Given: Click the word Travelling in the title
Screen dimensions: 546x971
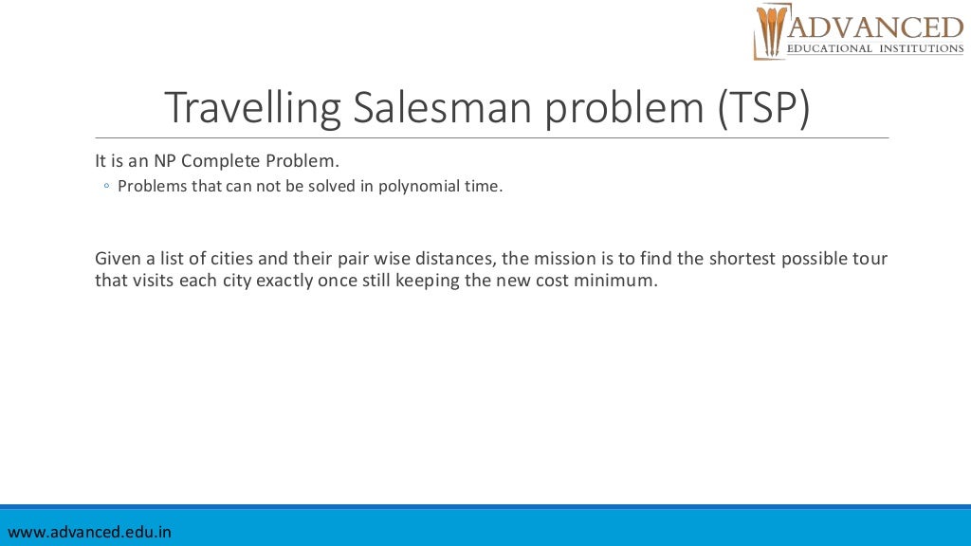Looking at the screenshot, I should (252, 108).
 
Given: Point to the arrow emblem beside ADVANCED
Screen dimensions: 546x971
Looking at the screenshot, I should (770, 32).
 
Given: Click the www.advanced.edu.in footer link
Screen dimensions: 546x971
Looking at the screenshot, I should (89, 532).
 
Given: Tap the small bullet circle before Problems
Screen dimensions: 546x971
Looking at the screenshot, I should (107, 187).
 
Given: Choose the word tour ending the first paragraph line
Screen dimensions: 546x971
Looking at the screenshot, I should (871, 259).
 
